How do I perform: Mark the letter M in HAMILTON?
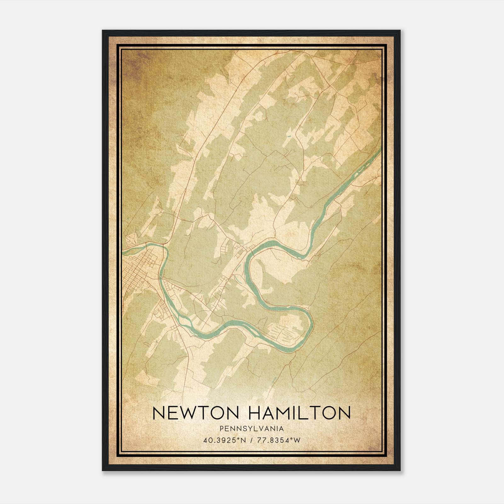[x=290, y=413]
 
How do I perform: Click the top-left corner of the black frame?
[x=103, y=31]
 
